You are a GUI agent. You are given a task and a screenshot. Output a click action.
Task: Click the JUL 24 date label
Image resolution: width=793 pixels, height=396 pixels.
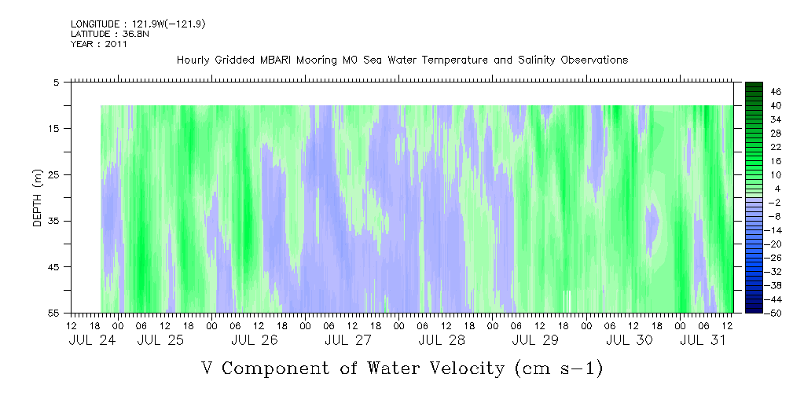pyautogui.click(x=92, y=340)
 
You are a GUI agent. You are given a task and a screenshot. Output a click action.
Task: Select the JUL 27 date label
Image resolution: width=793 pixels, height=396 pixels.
pyautogui.click(x=348, y=340)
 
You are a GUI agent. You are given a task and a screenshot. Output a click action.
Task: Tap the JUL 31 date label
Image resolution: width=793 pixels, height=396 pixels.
pyautogui.click(x=703, y=340)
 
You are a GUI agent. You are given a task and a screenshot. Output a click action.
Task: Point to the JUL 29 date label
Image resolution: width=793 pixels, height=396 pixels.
pyautogui.click(x=535, y=340)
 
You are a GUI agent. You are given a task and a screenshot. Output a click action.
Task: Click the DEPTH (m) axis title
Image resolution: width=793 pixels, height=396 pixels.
pyautogui.click(x=38, y=198)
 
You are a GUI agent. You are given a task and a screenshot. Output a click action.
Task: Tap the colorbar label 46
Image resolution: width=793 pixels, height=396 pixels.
pyautogui.click(x=776, y=92)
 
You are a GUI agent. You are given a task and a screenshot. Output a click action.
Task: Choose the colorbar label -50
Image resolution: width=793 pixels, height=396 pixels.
pyautogui.click(x=774, y=313)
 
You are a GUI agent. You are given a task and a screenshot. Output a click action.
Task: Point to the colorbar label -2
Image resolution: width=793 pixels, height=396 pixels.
pyautogui.click(x=776, y=202)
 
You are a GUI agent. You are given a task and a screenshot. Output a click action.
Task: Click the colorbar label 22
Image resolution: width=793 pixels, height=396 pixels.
pyautogui.click(x=776, y=147)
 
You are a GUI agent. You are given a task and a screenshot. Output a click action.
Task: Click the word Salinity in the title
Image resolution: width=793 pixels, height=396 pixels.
pyautogui.click(x=536, y=60)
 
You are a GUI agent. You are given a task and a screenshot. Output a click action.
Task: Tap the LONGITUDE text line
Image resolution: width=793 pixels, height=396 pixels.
pyautogui.click(x=138, y=24)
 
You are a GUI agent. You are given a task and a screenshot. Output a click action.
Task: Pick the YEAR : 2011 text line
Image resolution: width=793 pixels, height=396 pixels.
pyautogui.click(x=99, y=44)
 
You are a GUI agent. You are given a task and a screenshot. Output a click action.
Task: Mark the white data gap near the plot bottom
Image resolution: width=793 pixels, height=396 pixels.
pyautogui.click(x=567, y=302)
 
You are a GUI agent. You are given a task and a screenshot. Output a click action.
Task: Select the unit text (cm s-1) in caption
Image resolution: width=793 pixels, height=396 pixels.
pyautogui.click(x=558, y=368)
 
